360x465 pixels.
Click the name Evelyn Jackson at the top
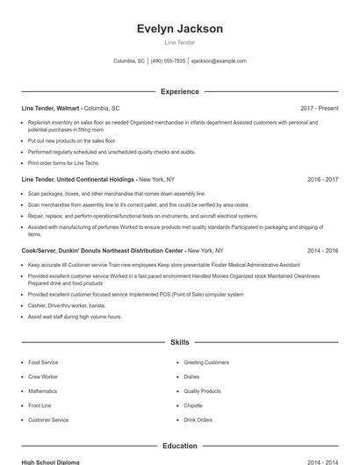coord(180,28)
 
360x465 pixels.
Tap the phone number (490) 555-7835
coord(168,61)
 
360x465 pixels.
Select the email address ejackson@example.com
coord(219,61)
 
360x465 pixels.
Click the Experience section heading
coord(180,91)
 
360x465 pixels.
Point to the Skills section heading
coord(180,341)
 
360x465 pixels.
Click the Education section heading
coord(180,446)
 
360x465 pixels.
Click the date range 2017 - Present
coord(319,108)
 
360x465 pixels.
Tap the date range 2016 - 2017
coord(322,179)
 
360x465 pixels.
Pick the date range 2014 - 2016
coord(322,250)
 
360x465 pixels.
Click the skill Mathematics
coord(42,391)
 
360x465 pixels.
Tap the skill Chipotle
coord(194,405)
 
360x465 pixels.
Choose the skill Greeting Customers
coord(206,362)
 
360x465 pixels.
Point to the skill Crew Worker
coord(44,376)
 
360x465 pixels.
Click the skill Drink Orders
coord(198,420)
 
